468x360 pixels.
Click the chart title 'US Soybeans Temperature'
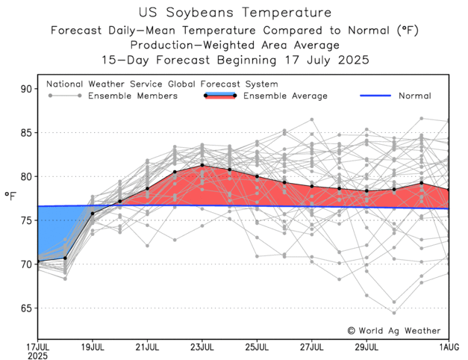[x=233, y=12]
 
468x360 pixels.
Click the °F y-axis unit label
[x=10, y=196]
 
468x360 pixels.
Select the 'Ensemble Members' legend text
[x=133, y=96]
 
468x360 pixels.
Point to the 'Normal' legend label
[x=414, y=96]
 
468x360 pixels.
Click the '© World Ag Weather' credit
[x=394, y=330]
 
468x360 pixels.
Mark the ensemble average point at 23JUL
[x=202, y=165]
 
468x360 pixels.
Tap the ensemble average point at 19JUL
[x=93, y=214]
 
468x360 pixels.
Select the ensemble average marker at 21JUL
[x=148, y=188]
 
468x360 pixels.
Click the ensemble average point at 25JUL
[x=257, y=176]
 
